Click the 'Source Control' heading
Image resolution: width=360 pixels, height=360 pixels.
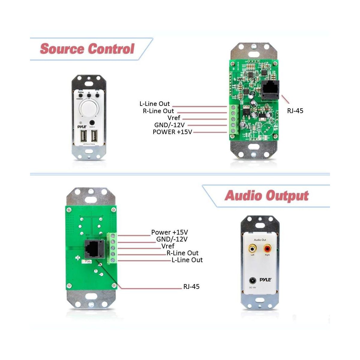pyautogui.click(x=87, y=49)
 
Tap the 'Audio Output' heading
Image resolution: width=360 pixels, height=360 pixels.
pyautogui.click(x=266, y=196)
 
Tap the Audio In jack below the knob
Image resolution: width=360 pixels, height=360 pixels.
pyautogui.click(x=92, y=122)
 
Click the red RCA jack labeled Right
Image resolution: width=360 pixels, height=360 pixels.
pyautogui.click(x=267, y=248)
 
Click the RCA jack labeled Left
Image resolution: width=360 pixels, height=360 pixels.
pyautogui.click(x=252, y=248)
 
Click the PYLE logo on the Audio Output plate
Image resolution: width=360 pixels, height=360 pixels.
pyautogui.click(x=265, y=280)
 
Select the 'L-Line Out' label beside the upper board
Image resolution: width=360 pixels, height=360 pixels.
pyautogui.click(x=154, y=104)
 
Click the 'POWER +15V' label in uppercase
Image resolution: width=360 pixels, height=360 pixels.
pyautogui.click(x=172, y=132)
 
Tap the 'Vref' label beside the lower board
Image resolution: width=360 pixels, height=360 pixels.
pyautogui.click(x=168, y=246)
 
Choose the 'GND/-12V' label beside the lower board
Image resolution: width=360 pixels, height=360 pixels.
pyautogui.click(x=172, y=239)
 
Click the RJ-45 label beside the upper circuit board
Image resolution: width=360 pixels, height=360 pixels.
pyautogui.click(x=295, y=111)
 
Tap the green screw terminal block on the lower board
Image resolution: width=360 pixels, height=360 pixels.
pyautogui.click(x=112, y=248)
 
